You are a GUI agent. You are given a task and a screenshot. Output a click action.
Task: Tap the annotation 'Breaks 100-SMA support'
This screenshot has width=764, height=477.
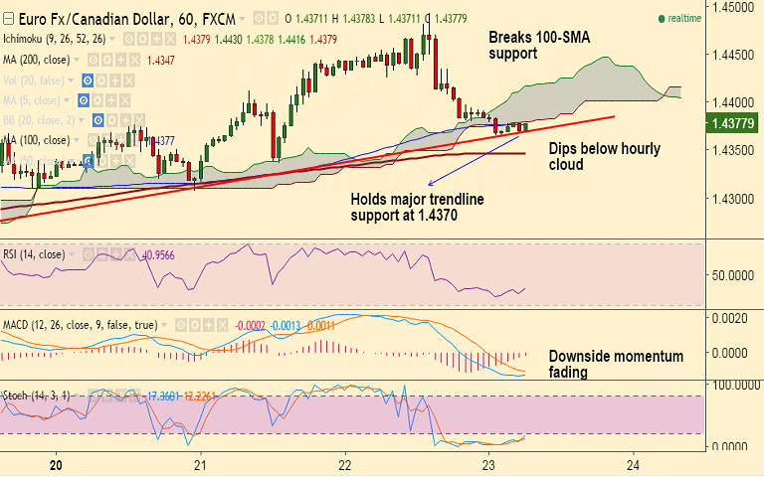(526, 45)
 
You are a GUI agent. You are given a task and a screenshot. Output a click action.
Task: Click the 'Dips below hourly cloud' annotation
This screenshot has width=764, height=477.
(605, 157)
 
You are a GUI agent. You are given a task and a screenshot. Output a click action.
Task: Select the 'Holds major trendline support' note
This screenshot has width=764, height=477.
(417, 206)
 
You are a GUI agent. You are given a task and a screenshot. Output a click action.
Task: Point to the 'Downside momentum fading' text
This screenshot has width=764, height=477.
(617, 364)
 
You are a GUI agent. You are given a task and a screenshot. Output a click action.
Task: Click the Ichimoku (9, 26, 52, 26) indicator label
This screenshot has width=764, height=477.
(55, 39)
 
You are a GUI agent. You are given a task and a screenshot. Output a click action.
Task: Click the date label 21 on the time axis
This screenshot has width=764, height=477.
(200, 465)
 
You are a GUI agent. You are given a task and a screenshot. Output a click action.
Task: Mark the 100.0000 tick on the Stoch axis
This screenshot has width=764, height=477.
(734, 383)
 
